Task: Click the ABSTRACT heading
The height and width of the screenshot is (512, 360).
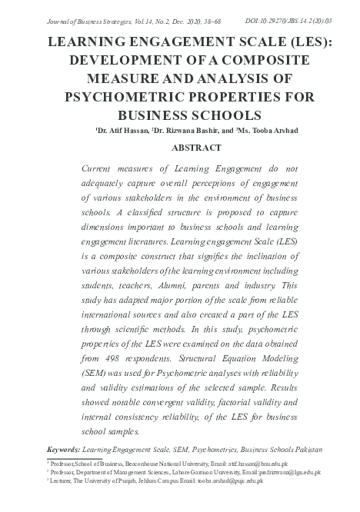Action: [x=180, y=147]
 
